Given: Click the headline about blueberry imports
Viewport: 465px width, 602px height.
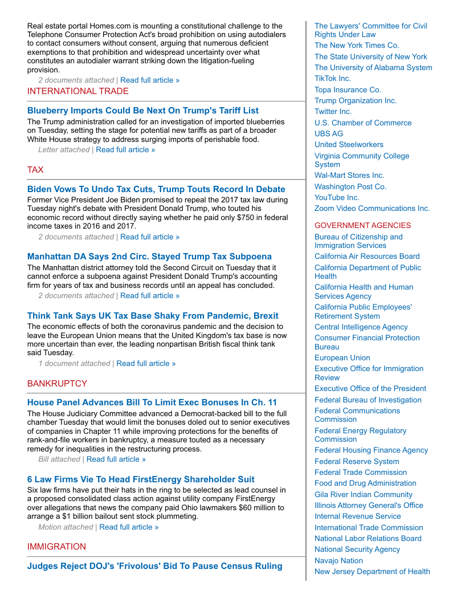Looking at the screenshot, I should pos(142,111).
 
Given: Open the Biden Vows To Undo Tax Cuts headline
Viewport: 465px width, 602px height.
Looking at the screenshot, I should pos(156,189).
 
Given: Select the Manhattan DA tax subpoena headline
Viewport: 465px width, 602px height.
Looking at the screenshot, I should pos(149,257).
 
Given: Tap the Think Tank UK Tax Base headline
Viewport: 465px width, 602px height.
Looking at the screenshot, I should pos(153,316).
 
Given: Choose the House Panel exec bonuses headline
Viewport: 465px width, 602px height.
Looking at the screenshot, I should pos(152,402).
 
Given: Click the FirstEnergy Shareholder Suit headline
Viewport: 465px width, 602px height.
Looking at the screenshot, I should pos(141,479).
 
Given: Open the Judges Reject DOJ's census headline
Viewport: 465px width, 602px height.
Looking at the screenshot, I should pos(154,566).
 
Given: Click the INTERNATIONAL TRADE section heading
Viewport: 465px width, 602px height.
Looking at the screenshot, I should pos(78,91).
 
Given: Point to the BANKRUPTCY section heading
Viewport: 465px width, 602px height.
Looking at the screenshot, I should pos(57,384).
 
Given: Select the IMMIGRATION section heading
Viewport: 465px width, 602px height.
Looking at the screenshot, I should pos(56,547).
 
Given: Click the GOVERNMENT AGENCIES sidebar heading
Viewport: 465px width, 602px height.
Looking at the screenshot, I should pos(362,225).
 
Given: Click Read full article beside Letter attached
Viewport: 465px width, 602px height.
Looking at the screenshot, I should pos(125,150).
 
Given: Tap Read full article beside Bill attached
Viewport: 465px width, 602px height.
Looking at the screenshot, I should pos(116,459).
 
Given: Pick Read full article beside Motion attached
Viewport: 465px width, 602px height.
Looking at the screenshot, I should pos(129,527).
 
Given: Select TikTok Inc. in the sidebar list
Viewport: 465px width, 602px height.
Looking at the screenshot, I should pos(333,79).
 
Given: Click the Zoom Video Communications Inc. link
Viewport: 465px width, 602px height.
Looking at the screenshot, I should pos(372,209).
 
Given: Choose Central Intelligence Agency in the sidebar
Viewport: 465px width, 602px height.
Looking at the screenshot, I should pos(361,327).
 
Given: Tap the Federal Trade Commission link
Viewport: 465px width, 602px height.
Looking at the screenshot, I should pos(361,473).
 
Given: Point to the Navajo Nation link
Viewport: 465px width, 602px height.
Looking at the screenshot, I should pos(338,561).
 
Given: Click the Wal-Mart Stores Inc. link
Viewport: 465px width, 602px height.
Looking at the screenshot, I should pos(349,176).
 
